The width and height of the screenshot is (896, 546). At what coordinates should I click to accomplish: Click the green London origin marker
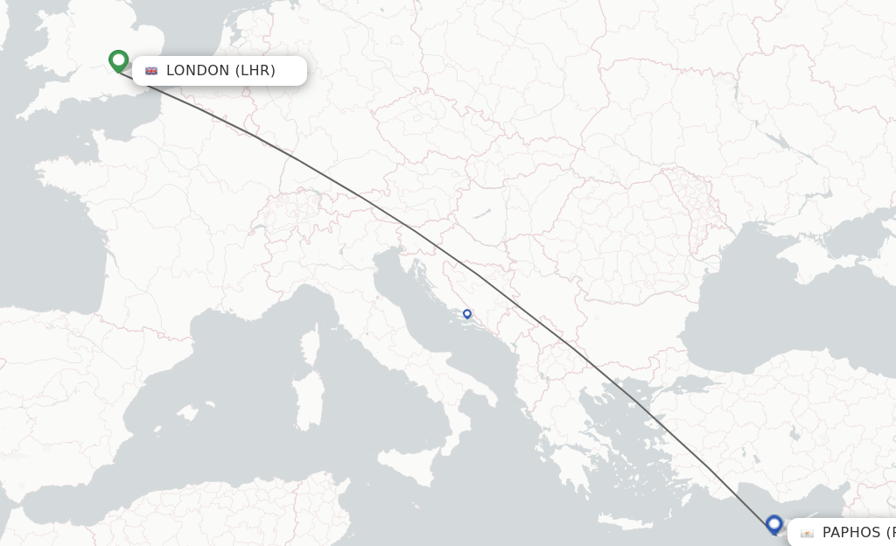pyautogui.click(x=119, y=60)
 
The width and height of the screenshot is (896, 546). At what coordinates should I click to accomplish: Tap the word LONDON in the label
pyautogui.click(x=198, y=71)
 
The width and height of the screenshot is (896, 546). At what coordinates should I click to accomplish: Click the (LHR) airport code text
pyautogui.click(x=255, y=71)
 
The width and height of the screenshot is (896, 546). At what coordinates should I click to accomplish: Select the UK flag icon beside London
pyautogui.click(x=151, y=71)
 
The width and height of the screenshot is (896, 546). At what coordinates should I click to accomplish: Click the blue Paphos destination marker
pyautogui.click(x=773, y=523)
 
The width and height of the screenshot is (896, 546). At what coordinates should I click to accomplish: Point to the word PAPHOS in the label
pyautogui.click(x=851, y=532)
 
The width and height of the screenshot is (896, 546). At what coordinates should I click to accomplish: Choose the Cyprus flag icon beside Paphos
pyautogui.click(x=807, y=533)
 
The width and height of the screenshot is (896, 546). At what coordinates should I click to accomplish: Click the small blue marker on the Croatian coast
pyautogui.click(x=467, y=313)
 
